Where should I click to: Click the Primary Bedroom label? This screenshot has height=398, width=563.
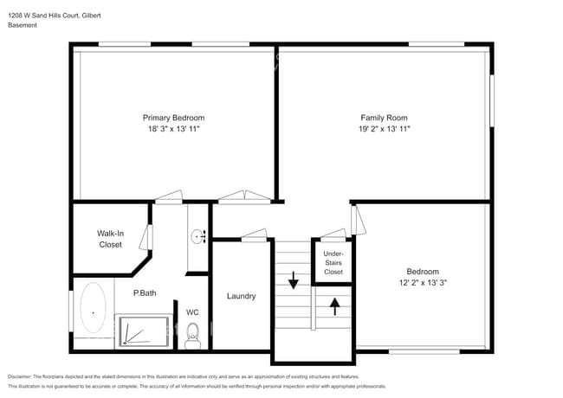pos(173,118)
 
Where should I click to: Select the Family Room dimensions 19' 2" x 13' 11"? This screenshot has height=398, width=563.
pos(384,128)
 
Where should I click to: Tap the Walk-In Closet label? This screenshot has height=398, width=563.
pos(110,239)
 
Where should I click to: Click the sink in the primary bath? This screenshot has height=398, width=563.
pos(198,234)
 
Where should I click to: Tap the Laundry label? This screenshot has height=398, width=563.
pos(241,296)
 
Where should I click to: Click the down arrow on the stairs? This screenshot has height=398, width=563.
pos(293,279)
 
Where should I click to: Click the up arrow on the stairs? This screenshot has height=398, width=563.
pos(334,305)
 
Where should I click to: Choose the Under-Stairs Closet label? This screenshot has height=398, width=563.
pos(333,264)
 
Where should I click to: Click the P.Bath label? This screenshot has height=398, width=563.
pos(145,293)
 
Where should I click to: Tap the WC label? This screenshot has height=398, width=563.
pos(192,312)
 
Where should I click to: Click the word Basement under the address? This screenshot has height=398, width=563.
pos(23,25)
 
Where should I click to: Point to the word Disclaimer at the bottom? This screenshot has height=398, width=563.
pos(23,376)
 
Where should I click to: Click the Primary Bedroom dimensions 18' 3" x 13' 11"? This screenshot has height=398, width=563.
pos(173,128)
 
